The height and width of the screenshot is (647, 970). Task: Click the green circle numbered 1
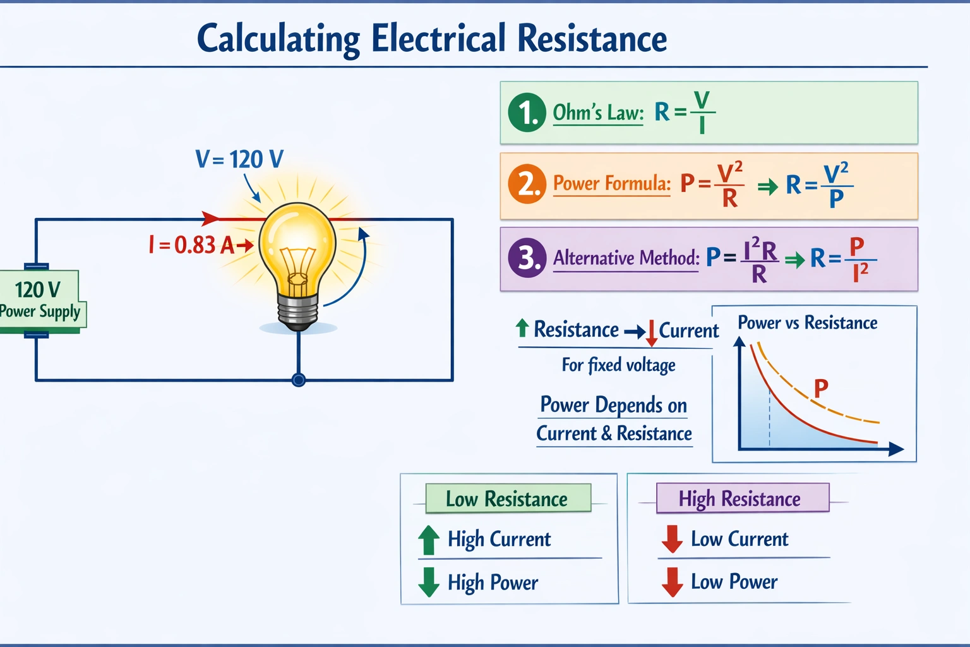pyautogui.click(x=527, y=112)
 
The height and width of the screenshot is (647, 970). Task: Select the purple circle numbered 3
pyautogui.click(x=527, y=258)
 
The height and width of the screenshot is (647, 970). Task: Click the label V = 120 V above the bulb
pyautogui.click(x=239, y=159)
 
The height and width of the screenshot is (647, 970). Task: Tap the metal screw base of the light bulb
pyautogui.click(x=298, y=312)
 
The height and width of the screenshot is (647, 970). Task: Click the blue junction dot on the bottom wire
pyautogui.click(x=299, y=380)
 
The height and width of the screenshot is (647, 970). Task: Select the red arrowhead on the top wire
pyautogui.click(x=210, y=219)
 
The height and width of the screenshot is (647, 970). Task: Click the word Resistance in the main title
pyautogui.click(x=592, y=39)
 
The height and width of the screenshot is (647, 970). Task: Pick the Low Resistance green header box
pyautogui.click(x=508, y=499)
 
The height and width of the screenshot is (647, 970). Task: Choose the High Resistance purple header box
pyautogui.click(x=741, y=499)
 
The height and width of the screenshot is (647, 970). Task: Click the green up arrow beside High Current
pyautogui.click(x=429, y=540)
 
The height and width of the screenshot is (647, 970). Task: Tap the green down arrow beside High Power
pyautogui.click(x=429, y=582)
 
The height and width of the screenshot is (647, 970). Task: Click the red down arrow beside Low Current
pyautogui.click(x=672, y=539)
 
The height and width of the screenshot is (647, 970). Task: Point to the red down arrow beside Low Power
pyautogui.click(x=672, y=582)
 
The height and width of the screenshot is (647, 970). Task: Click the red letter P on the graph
pyautogui.click(x=820, y=388)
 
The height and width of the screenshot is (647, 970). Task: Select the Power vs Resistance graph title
pyautogui.click(x=808, y=323)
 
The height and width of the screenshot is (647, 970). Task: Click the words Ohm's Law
pyautogui.click(x=598, y=113)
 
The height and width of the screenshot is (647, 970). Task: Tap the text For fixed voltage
pyautogui.click(x=618, y=365)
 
